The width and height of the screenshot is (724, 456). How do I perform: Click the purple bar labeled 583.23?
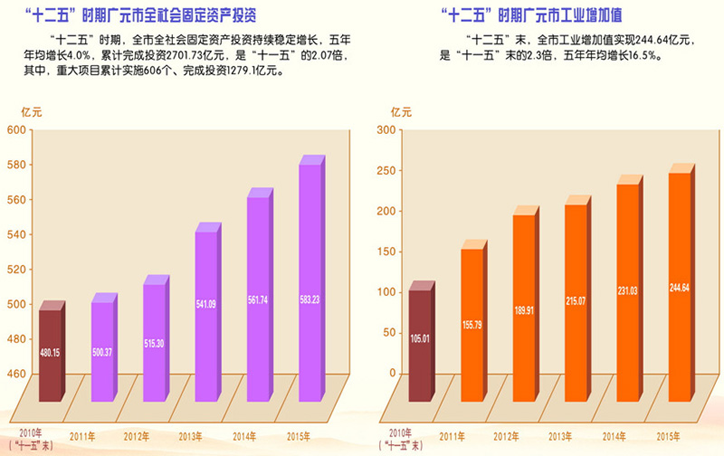(x=310, y=280)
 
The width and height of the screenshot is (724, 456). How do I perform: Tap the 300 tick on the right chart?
(x=386, y=130)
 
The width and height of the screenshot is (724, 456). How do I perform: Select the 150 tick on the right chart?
(x=386, y=252)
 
